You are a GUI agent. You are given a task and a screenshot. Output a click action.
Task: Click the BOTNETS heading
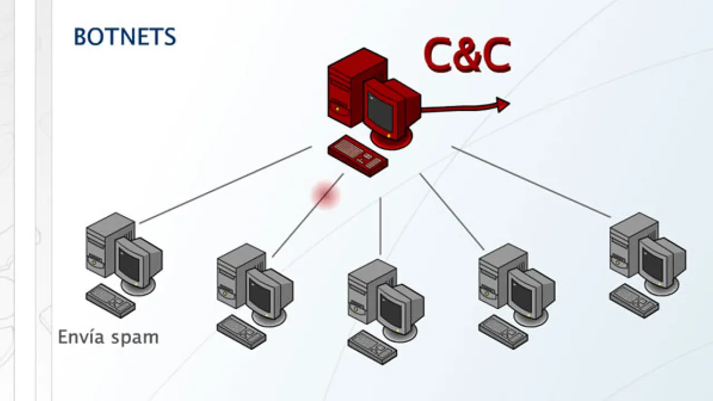pos(125,37)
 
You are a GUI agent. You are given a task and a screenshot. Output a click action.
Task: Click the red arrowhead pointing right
pos(503,105)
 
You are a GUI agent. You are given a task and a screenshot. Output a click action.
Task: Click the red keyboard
pos(358,156)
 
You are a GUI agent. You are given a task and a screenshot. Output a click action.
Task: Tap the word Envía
pos(81,337)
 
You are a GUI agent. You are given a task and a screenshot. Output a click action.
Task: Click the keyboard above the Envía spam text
pos(110,301)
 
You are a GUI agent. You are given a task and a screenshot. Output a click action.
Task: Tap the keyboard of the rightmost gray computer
pos(634,301)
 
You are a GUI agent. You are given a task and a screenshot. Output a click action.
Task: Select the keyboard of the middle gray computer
pos(372,348)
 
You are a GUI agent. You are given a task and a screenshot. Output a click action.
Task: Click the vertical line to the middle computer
pos(380,226)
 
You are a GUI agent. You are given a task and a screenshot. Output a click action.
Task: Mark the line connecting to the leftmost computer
pos(226,185)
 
